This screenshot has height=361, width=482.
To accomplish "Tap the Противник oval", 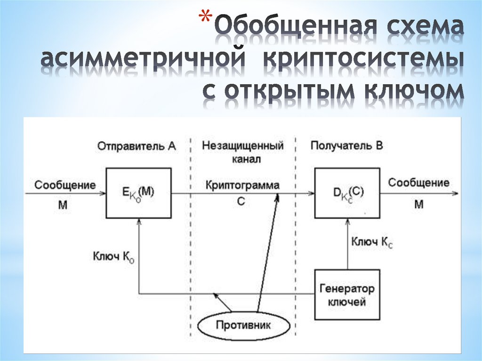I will pyautogui.click(x=243, y=325).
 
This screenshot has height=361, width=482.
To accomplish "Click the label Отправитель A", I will pyautogui.click(x=137, y=146).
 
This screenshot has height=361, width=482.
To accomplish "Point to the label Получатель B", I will pyautogui.click(x=346, y=146).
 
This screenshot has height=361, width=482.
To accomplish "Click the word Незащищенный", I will pyautogui.click(x=243, y=146).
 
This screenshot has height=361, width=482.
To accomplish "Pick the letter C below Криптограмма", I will pyautogui.click(x=241, y=201).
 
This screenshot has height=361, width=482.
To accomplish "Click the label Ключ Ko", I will pyautogui.click(x=113, y=257).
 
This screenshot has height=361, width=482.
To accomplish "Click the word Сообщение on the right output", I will pyautogui.click(x=418, y=183).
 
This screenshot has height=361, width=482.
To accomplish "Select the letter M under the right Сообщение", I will pyautogui.click(x=418, y=204).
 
